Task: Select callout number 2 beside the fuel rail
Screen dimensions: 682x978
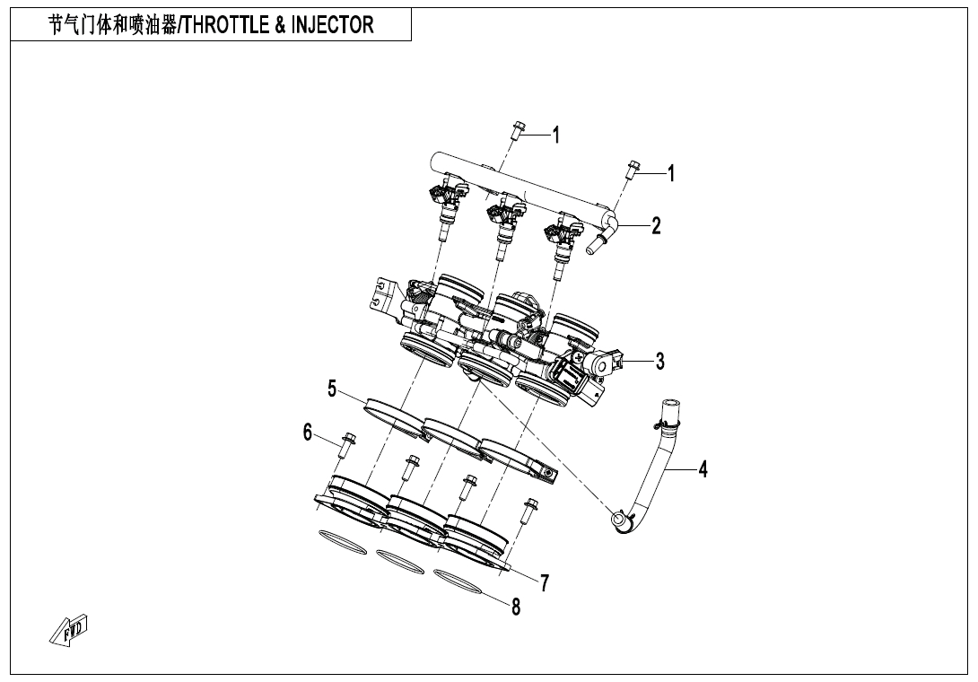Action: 656,225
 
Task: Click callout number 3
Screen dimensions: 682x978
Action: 659,362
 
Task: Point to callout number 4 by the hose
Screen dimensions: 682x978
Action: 703,468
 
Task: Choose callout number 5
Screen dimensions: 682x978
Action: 332,389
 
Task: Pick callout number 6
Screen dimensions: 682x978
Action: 308,433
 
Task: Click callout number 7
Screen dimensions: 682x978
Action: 545,581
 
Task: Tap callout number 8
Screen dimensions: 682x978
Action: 516,608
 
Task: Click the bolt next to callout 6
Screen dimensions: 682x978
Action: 348,447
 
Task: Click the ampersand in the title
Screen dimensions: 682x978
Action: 281,24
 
